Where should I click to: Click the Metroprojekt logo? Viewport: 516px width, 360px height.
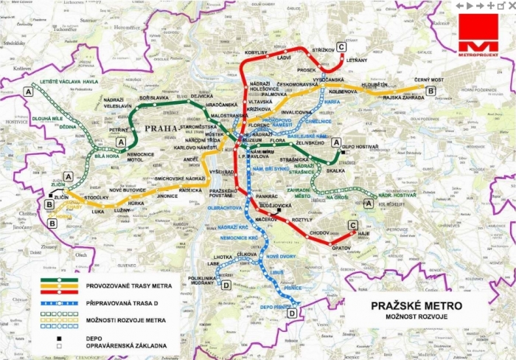(478, 36)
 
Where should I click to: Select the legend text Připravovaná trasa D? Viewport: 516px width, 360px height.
(128, 302)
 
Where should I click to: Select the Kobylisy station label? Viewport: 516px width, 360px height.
(256, 53)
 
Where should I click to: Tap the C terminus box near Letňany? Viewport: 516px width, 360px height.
(341, 46)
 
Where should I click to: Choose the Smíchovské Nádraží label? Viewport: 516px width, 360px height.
(179, 179)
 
